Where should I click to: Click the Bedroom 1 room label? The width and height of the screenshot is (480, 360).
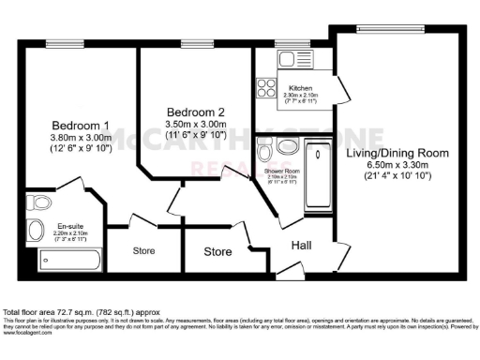coord(80,126)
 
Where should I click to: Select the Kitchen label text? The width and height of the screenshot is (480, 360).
coord(288,87)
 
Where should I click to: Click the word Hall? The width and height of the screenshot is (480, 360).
coord(301,246)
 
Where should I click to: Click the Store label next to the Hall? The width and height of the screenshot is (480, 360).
coord(217,251)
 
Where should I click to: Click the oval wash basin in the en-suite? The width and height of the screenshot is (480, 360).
coord(35,231)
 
